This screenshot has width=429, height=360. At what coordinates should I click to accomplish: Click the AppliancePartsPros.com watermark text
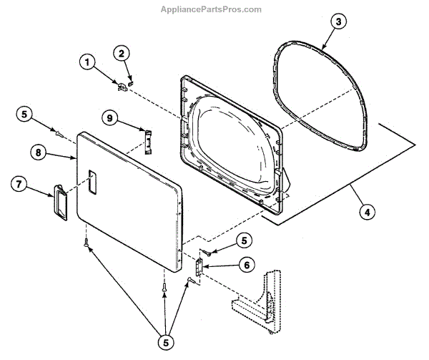pos(214,9)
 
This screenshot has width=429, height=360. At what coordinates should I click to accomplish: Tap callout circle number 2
pos(122,53)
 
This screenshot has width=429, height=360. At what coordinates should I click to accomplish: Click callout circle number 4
pos(365,212)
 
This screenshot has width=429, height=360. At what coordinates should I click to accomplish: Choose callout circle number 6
pos(245,265)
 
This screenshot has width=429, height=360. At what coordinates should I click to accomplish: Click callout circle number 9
pos(109,117)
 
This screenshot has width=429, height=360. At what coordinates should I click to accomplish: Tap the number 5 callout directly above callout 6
pos(245,240)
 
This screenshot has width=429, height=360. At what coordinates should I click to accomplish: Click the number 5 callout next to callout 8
pos(24,114)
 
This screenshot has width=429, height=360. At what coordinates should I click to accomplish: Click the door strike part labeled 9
pos(147,140)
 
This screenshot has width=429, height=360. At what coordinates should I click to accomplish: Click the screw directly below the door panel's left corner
pos(87,244)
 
